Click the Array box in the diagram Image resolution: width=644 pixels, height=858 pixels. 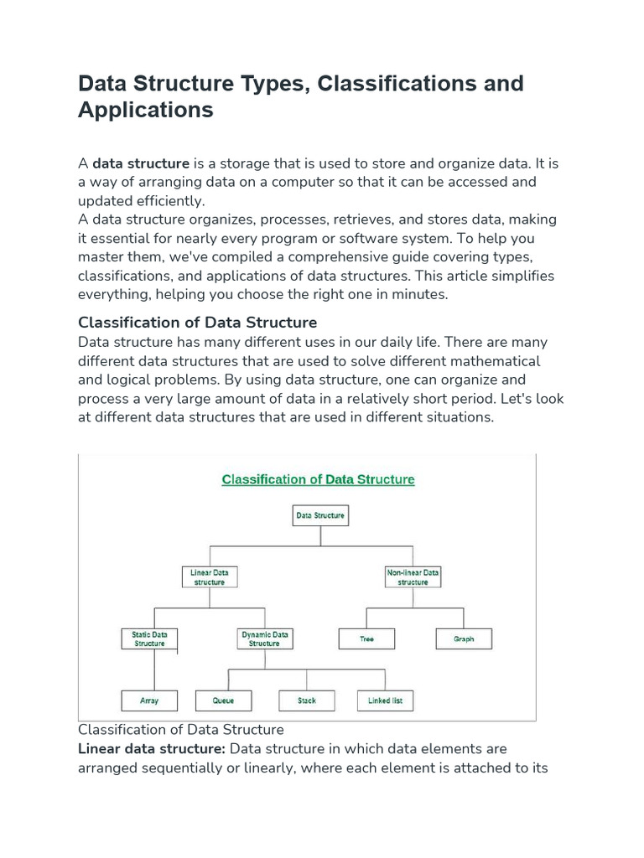[x=149, y=700]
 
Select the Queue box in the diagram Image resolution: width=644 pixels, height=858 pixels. [x=223, y=700]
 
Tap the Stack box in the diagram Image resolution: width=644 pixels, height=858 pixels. [x=307, y=700]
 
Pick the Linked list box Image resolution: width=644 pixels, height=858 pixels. [x=385, y=700]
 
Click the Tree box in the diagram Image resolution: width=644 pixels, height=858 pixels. [x=366, y=638]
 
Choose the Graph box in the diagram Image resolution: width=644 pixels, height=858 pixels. [x=464, y=638]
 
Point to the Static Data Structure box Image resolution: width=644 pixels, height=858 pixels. [x=149, y=638]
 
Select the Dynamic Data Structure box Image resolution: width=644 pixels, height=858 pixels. [x=264, y=638]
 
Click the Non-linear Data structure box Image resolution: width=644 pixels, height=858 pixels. [x=413, y=576]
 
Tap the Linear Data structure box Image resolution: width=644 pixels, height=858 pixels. [x=210, y=576]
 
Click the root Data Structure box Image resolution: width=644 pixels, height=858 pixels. [x=320, y=515]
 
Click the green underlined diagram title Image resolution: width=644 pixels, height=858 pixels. [x=318, y=479]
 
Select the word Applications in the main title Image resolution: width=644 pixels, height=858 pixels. [x=146, y=110]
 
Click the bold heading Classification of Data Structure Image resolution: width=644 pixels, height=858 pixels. [x=197, y=323]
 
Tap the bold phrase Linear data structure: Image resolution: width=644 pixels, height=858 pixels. [x=151, y=748]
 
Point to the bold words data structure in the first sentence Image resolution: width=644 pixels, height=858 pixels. [x=141, y=163]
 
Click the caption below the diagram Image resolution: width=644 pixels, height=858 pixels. [x=180, y=730]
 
